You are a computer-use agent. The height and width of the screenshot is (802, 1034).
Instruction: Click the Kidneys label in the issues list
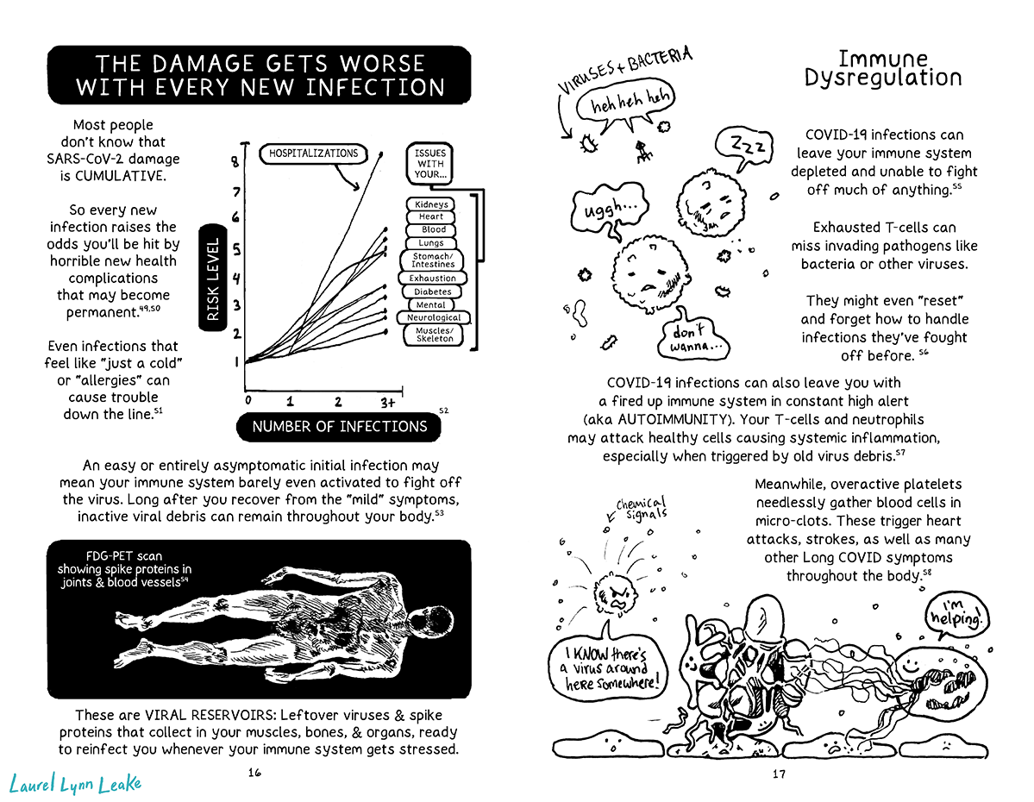pos(431,204)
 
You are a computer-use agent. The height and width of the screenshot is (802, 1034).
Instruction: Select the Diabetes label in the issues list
pos(432,291)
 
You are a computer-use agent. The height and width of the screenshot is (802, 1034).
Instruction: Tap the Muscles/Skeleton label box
pos(434,334)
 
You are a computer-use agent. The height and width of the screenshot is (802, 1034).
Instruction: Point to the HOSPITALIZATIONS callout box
pos(313,154)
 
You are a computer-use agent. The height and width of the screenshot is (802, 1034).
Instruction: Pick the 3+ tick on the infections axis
pos(386,402)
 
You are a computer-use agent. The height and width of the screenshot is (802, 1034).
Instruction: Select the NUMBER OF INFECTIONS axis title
pos(339,426)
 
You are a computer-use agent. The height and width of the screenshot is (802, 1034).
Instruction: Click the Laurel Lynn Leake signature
pos(74,783)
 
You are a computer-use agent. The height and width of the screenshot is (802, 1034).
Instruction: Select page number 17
pos(778,774)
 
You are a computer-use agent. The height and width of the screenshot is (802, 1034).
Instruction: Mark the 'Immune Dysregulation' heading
pos(882,69)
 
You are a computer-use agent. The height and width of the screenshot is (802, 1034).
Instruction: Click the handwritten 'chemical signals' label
pos(641,509)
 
